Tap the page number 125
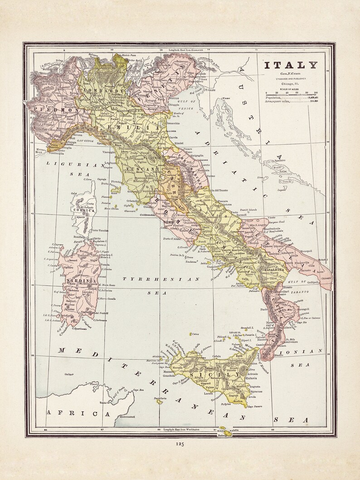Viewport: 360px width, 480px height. [x=180, y=444]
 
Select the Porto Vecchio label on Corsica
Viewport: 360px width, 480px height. [x=100, y=230]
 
